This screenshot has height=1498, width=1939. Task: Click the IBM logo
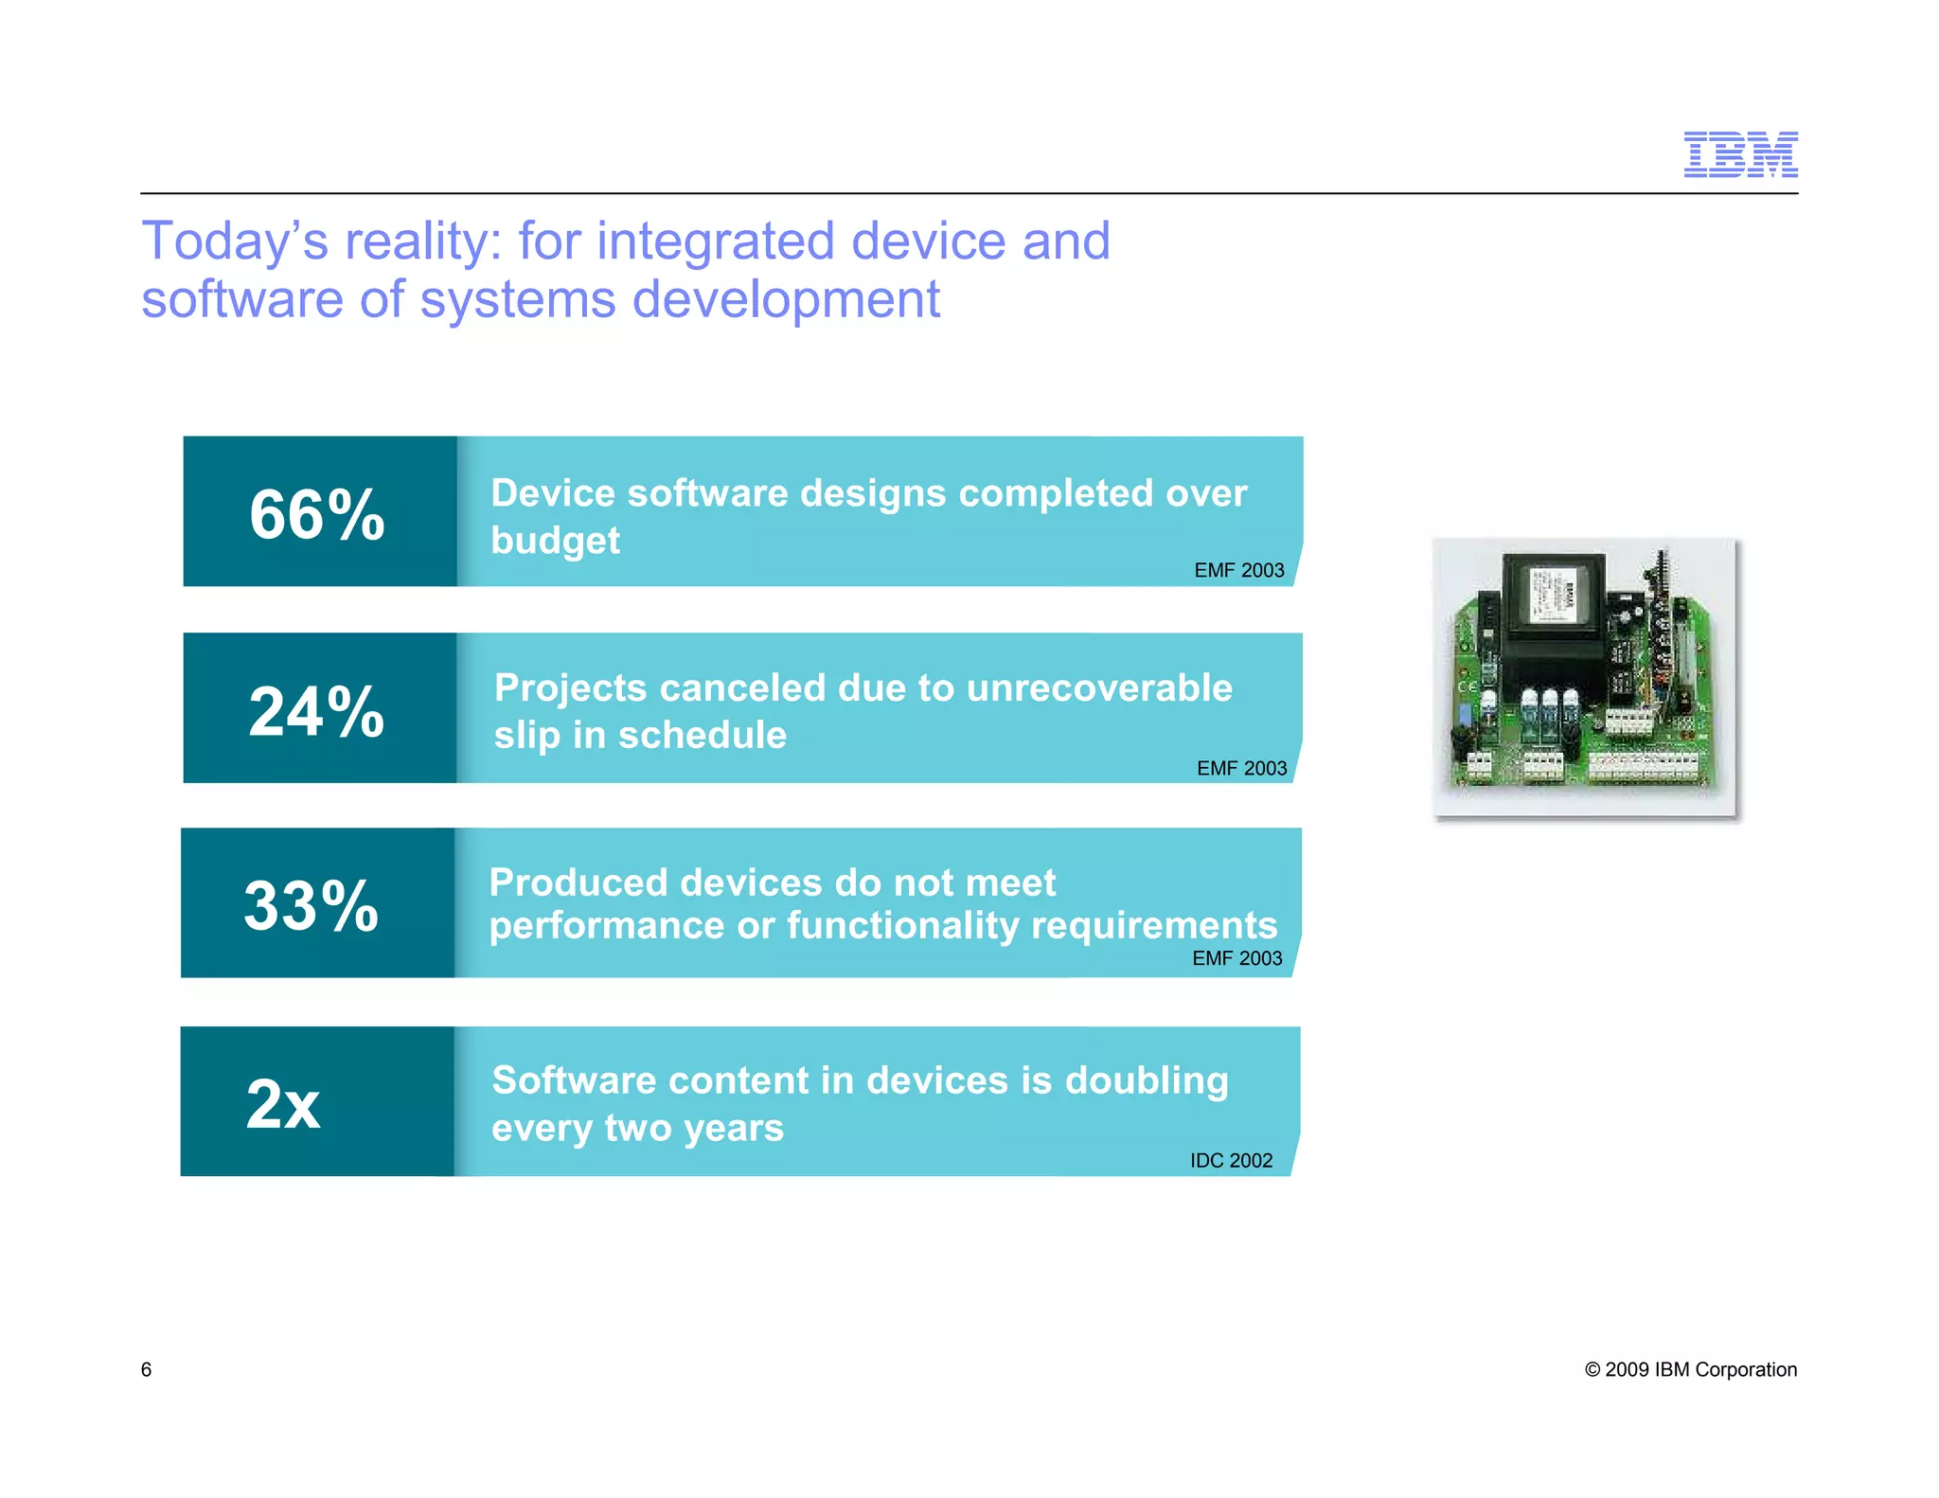[x=1740, y=154]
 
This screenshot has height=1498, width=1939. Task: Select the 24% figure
[x=316, y=711]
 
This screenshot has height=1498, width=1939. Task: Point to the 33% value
[x=311, y=905]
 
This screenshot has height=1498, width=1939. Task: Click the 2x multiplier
[x=283, y=1104]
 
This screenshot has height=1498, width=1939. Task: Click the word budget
[x=555, y=542]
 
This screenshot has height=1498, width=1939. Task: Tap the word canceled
[x=742, y=688]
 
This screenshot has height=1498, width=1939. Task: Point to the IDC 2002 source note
[x=1231, y=1160]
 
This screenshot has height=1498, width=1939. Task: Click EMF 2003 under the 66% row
[x=1238, y=570]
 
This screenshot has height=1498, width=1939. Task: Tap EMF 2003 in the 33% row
[x=1236, y=958]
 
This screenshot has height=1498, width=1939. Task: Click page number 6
[x=146, y=1369]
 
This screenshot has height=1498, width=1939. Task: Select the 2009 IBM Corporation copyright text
[x=1690, y=1369]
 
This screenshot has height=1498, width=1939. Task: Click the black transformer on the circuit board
[x=1553, y=606]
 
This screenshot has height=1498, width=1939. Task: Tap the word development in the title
[x=786, y=300]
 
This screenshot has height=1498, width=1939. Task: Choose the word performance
[x=607, y=926]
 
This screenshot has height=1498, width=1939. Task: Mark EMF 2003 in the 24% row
[x=1241, y=768]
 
